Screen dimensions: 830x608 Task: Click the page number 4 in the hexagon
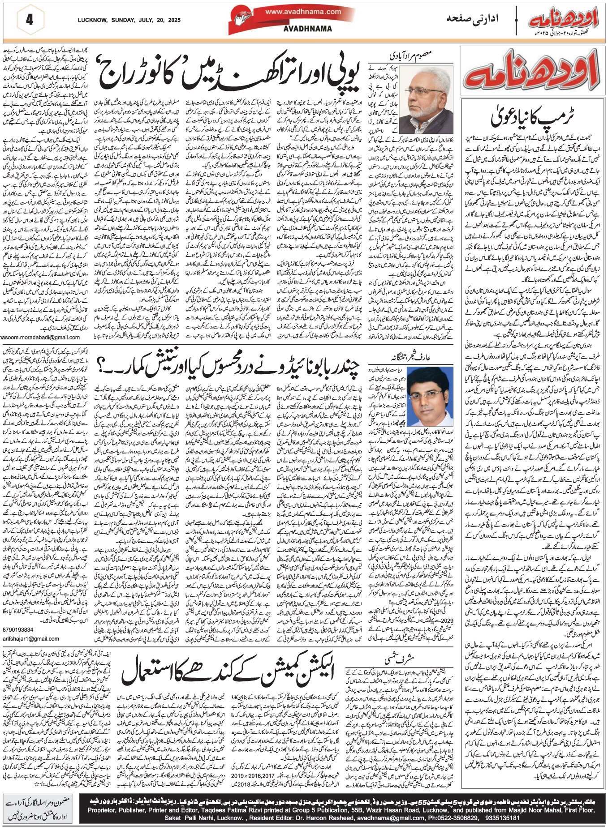[x=30, y=20]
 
